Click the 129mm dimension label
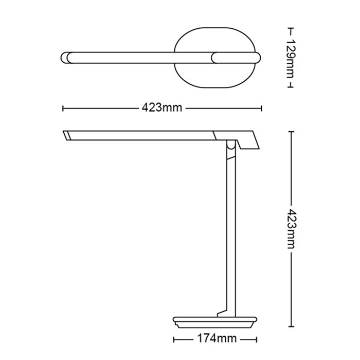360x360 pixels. (291, 59)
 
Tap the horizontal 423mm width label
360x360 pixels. (162, 107)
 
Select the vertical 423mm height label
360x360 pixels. (292, 229)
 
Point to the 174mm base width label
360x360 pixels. (217, 338)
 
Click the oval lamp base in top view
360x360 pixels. (214, 78)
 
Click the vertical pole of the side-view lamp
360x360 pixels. (231, 229)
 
